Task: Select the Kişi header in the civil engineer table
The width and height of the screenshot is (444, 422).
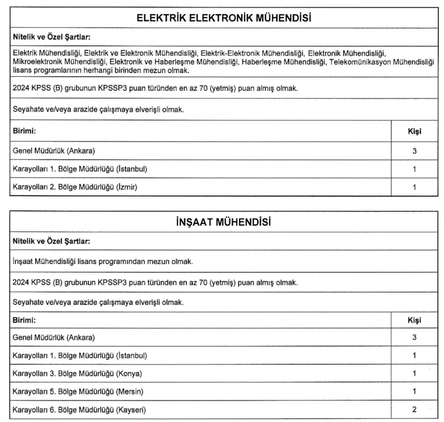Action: pyautogui.click(x=415, y=320)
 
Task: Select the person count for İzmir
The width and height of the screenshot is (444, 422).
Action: pyautogui.click(x=415, y=187)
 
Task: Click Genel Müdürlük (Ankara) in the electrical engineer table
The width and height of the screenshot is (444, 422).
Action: pyautogui.click(x=54, y=151)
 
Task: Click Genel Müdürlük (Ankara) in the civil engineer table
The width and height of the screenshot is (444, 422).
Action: pyautogui.click(x=54, y=338)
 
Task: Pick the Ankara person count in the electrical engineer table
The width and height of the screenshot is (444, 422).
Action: pyautogui.click(x=415, y=151)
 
